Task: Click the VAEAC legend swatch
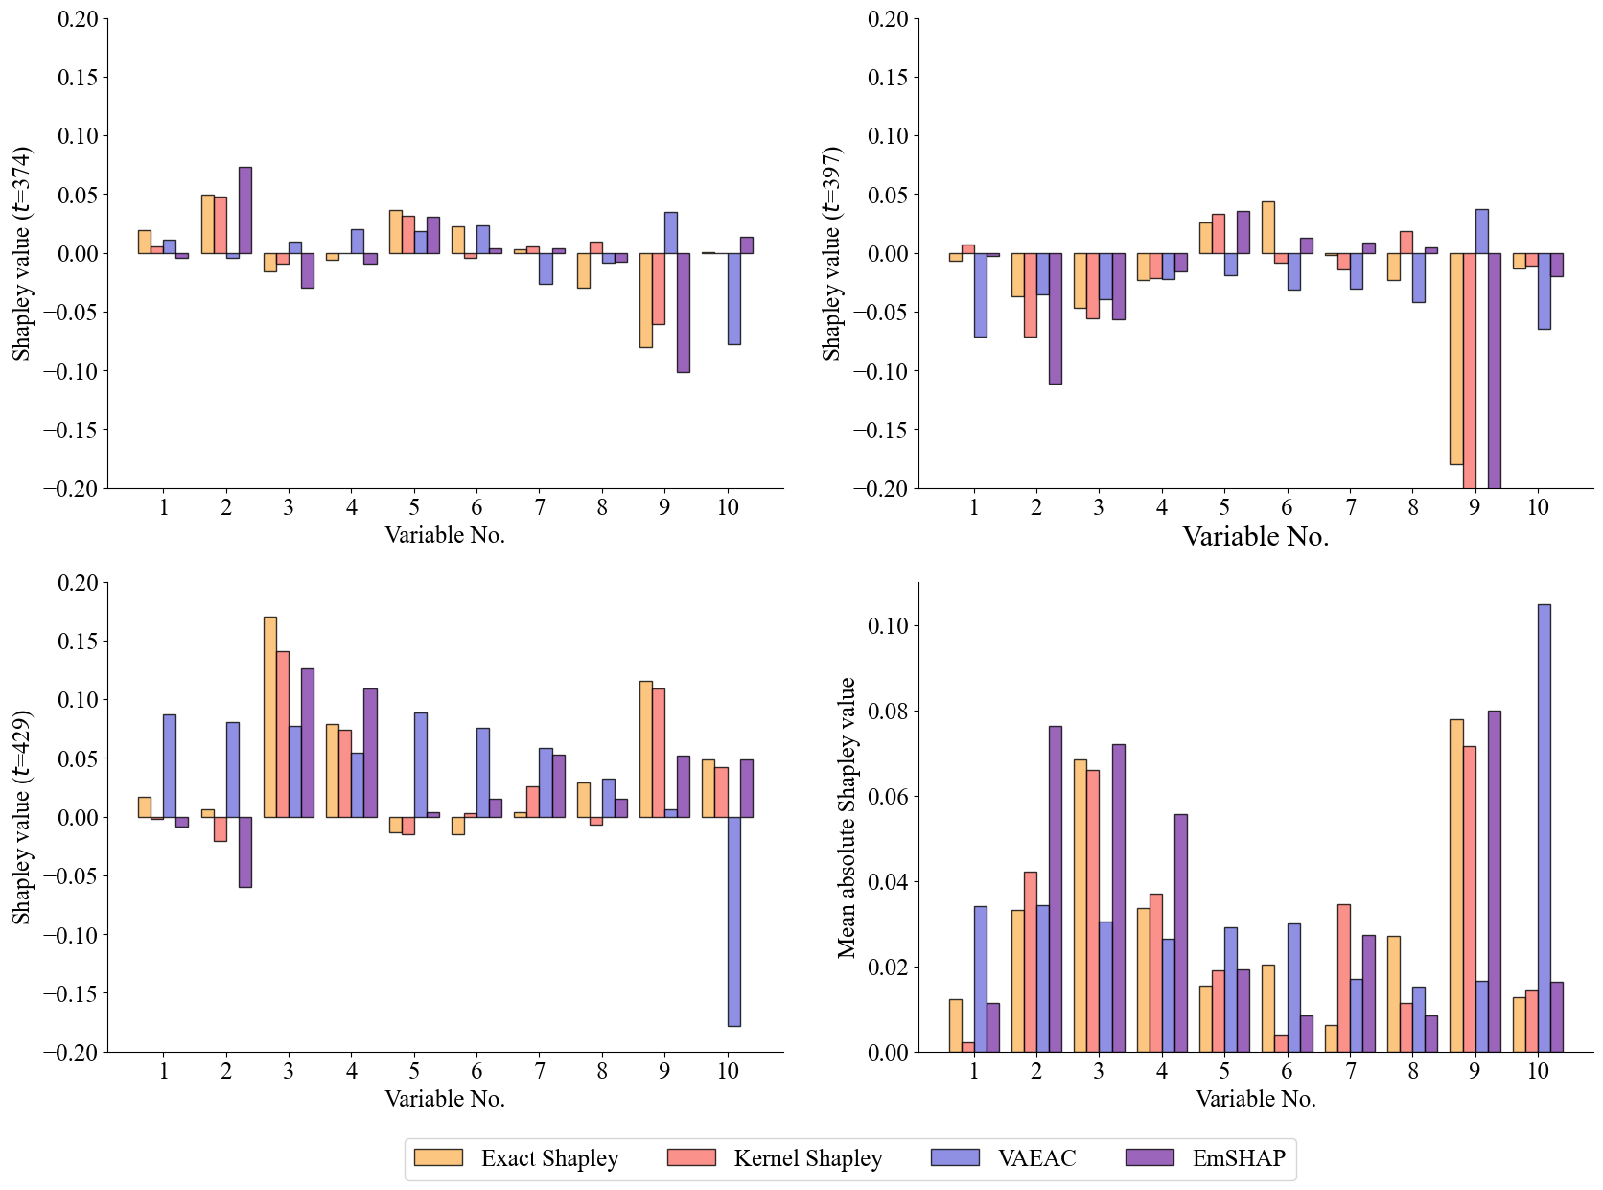click(x=955, y=1157)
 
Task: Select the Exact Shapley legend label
click(x=549, y=1158)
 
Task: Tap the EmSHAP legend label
click(x=1239, y=1158)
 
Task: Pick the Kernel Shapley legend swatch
click(x=691, y=1157)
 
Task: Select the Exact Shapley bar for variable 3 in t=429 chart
click(x=270, y=716)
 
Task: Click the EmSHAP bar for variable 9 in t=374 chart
click(x=684, y=313)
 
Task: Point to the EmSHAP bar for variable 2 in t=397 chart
click(x=1055, y=318)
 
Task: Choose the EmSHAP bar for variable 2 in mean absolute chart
click(x=1055, y=888)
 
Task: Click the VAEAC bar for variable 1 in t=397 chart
click(x=980, y=295)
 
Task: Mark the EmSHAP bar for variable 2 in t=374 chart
click(x=245, y=210)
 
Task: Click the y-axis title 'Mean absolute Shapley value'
click(x=846, y=817)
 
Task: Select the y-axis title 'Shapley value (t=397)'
click(x=831, y=253)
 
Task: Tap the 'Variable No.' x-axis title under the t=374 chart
click(x=445, y=535)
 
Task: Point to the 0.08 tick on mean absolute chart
click(x=890, y=712)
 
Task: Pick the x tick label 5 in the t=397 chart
click(x=1224, y=507)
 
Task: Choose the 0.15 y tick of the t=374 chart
click(x=78, y=77)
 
